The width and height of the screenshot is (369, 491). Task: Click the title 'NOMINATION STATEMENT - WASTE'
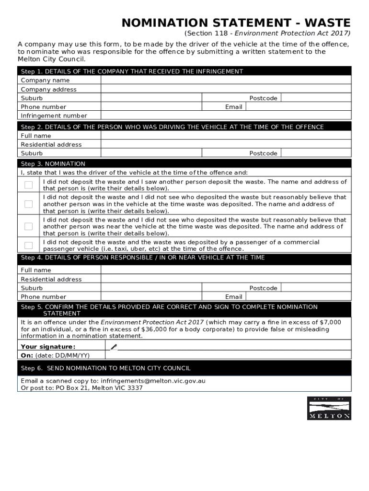236,23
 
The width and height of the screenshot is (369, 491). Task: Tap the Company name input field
226,81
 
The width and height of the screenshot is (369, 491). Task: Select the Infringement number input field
226,116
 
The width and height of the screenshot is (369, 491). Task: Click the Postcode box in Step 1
315,98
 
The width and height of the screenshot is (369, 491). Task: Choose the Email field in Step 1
298,107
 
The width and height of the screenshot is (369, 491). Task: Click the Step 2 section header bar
184,127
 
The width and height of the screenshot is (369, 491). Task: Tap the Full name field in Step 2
226,136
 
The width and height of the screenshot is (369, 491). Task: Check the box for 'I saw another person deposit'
29,185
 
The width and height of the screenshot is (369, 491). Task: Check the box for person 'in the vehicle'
29,204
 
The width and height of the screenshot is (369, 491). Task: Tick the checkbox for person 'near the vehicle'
29,226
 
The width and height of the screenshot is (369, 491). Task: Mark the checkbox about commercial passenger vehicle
29,245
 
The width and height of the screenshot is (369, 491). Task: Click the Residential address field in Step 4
226,279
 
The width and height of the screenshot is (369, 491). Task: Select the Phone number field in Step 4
151,297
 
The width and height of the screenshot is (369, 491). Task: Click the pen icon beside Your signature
114,347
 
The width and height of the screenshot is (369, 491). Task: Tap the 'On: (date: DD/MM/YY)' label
55,355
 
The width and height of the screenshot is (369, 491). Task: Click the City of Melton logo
329,408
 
